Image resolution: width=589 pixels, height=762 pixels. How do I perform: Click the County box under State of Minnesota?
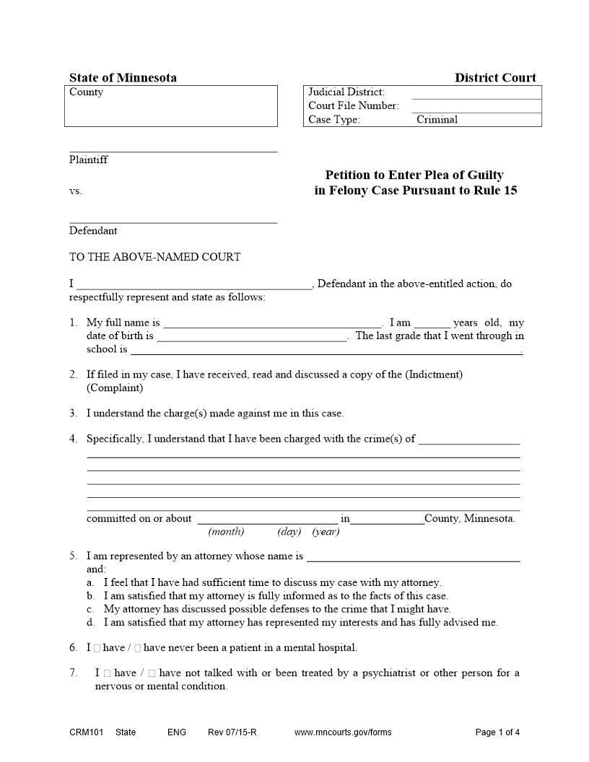point(171,106)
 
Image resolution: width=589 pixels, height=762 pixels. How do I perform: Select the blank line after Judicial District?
point(476,93)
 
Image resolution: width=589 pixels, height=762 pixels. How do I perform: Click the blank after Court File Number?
point(476,107)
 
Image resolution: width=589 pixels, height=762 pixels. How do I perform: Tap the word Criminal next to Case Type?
point(437,120)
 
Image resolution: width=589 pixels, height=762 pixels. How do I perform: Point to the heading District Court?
point(495,78)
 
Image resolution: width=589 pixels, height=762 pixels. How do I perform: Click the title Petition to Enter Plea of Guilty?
point(414,175)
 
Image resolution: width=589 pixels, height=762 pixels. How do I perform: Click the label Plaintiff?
point(88,159)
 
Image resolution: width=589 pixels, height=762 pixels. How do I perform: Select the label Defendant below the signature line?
point(93,231)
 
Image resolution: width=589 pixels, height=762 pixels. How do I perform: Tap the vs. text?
point(76,191)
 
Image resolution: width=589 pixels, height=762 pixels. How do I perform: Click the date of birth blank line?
point(252,337)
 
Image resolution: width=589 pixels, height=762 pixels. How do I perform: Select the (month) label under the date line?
point(226,532)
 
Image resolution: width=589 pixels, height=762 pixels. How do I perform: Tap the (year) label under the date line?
point(326,532)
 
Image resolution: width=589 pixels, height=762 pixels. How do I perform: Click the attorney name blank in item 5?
point(413,557)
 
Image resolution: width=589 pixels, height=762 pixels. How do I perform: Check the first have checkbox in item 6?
point(97,648)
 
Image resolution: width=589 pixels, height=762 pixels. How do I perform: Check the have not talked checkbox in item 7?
point(152,673)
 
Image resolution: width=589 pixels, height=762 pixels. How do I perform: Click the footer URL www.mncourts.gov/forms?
point(343,732)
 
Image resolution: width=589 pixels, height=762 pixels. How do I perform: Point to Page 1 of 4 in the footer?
point(497,732)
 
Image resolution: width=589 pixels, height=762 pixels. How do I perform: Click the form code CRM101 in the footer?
point(86,732)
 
